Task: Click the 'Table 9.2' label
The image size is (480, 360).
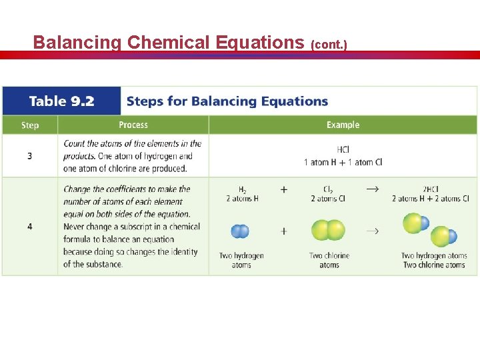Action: (x=61, y=101)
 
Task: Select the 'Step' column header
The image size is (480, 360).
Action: (x=30, y=125)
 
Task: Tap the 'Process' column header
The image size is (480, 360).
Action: (x=133, y=125)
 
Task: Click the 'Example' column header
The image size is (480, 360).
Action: (x=343, y=125)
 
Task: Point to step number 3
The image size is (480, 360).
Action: (x=30, y=156)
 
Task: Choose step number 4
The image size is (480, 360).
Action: (x=30, y=227)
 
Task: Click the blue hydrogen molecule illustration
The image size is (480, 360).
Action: (x=240, y=231)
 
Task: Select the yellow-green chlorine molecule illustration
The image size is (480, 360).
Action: (x=328, y=231)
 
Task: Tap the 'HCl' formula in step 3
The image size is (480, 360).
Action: (x=343, y=150)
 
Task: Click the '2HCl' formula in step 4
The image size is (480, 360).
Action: (x=431, y=189)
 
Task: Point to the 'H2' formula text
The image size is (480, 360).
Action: (x=242, y=189)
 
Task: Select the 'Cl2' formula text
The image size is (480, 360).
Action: (x=329, y=189)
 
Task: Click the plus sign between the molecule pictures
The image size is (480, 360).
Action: (x=284, y=231)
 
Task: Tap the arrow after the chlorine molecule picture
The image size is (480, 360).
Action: (x=372, y=231)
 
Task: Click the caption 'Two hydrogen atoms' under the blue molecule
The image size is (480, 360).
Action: (x=241, y=260)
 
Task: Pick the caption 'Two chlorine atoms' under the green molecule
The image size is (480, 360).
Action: (x=329, y=260)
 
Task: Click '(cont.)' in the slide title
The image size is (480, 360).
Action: (x=329, y=45)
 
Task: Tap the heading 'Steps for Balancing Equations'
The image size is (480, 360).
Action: (x=227, y=101)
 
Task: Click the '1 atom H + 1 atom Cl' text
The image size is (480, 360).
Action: (x=343, y=162)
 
